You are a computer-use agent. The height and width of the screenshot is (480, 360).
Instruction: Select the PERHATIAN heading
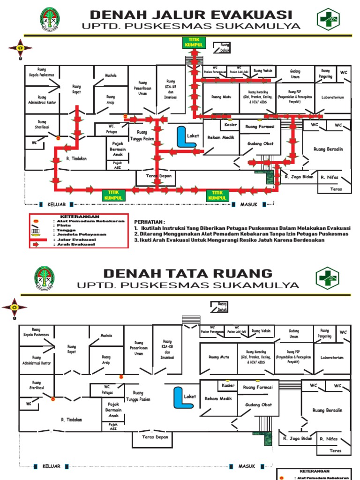pos(150,221)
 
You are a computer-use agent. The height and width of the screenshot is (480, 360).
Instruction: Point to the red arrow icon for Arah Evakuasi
pos(36,244)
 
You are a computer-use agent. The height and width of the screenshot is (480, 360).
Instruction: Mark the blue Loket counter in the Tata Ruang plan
pos(179,397)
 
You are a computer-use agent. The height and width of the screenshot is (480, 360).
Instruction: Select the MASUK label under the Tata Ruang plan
pos(247,466)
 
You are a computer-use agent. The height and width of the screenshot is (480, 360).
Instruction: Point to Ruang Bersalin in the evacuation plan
pos(329,149)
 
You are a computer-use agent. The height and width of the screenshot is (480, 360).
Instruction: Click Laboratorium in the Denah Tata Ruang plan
pos(332,357)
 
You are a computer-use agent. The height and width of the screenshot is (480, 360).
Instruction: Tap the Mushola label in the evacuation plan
pos(111,75)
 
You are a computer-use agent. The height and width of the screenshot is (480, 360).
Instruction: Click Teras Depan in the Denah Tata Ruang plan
pos(155,436)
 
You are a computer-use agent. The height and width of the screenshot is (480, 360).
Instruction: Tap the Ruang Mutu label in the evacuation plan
pos(222,97)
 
